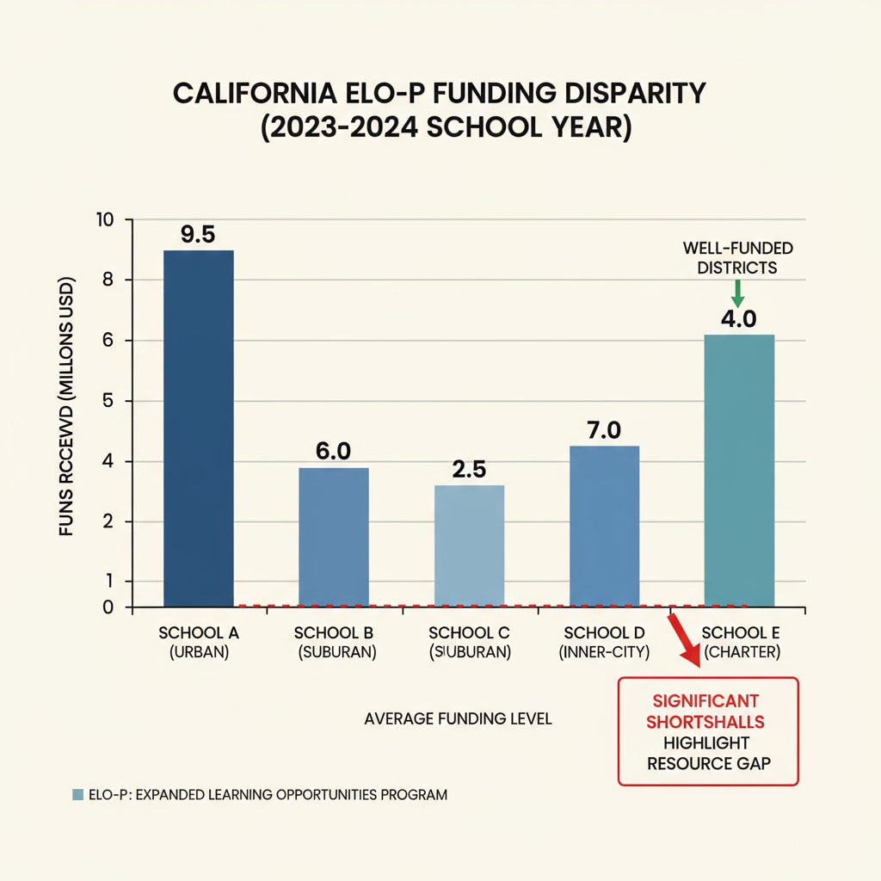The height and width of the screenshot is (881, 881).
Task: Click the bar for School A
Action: click(x=198, y=428)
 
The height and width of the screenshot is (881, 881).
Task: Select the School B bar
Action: click(x=333, y=537)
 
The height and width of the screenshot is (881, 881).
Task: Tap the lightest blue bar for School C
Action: click(x=469, y=545)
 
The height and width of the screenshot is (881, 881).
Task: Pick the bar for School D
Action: click(x=604, y=526)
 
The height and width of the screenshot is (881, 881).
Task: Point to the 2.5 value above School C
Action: click(x=469, y=470)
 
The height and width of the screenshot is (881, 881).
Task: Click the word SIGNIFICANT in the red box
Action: click(x=708, y=701)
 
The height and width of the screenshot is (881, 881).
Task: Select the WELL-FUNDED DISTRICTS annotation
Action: click(x=737, y=258)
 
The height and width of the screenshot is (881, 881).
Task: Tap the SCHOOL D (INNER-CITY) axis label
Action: click(x=604, y=642)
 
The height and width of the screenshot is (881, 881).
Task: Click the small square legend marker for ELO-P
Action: click(x=78, y=795)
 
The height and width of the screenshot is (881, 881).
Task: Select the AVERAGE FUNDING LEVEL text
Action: click(x=458, y=718)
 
